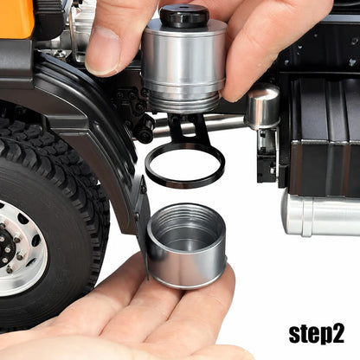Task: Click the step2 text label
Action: pyautogui.click(x=317, y=335)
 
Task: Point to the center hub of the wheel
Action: pyautogui.click(x=6, y=247)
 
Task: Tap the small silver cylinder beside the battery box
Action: pyautogui.click(x=262, y=106)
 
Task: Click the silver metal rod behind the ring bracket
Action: pyautogui.click(x=199, y=125)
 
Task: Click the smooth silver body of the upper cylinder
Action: pyautogui.click(x=184, y=56)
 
